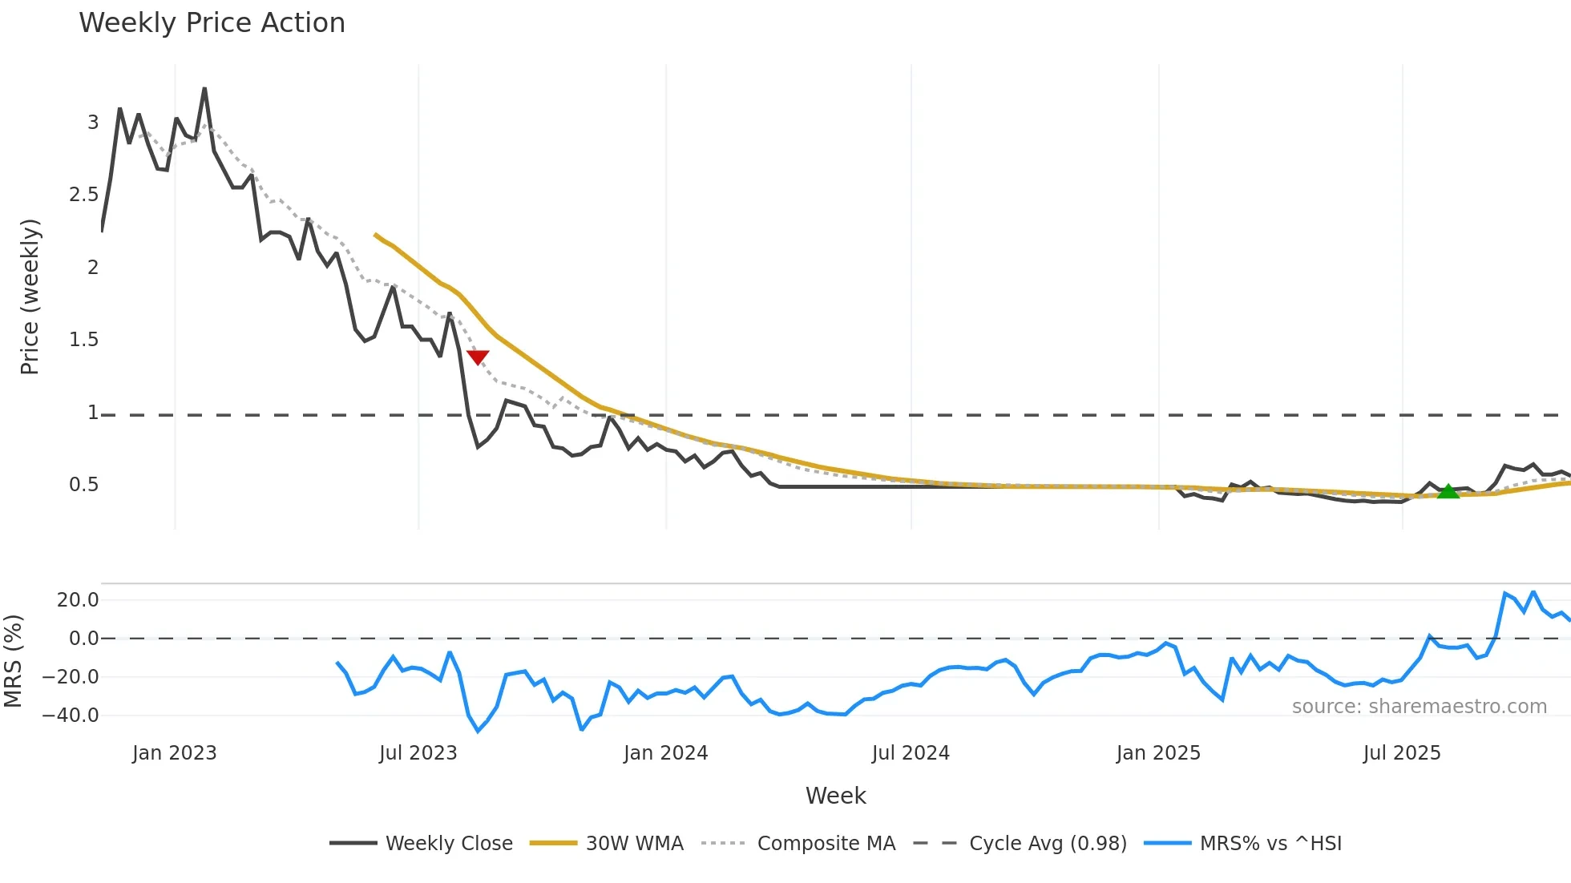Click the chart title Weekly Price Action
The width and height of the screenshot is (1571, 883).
click(x=212, y=23)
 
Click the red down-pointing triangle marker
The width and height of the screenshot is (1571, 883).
click(x=478, y=357)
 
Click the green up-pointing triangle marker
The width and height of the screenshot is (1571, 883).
click(x=1448, y=491)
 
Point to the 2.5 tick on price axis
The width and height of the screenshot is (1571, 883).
click(x=83, y=195)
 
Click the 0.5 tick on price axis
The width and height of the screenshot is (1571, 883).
click(x=83, y=485)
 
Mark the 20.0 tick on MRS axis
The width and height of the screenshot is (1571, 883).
click(x=78, y=600)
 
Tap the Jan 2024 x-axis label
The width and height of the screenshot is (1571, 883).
click(x=665, y=753)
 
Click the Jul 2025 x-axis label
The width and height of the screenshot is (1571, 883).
click(x=1401, y=753)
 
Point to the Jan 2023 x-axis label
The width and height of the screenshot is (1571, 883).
click(x=174, y=753)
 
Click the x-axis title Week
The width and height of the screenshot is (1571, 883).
click(x=835, y=796)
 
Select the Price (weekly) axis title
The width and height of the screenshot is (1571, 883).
click(x=30, y=296)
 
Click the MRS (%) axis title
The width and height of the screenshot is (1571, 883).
click(x=13, y=661)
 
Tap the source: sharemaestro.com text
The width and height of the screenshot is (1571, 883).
click(x=1419, y=707)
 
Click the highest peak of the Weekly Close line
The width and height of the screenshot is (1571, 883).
click(x=204, y=89)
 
